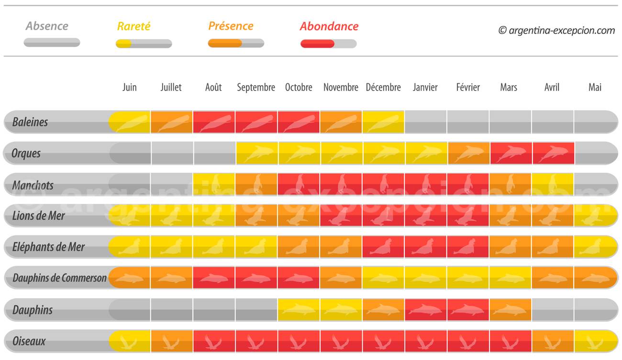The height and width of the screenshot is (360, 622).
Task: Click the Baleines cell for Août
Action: tap(214, 122)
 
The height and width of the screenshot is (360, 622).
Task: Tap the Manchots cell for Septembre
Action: tap(256, 185)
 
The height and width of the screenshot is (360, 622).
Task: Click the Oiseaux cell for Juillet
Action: tap(172, 341)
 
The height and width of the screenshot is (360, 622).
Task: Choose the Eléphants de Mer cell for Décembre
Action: tap(383, 247)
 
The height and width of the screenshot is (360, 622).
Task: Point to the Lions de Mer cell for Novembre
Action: tap(341, 216)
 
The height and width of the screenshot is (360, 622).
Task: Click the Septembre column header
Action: tap(256, 88)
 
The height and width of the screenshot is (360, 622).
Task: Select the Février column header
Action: tap(468, 88)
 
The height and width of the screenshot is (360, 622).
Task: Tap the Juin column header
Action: tap(129, 88)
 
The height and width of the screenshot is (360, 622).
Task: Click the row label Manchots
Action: tap(33, 185)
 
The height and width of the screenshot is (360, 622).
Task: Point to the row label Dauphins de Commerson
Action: tap(59, 278)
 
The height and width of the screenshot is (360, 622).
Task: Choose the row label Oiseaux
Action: tap(29, 341)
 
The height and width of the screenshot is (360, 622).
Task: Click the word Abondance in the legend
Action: tap(329, 26)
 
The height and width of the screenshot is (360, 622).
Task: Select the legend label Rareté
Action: tap(133, 26)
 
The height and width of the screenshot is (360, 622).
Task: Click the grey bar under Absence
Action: tap(52, 43)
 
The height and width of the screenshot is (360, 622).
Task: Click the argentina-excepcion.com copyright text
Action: tap(556, 30)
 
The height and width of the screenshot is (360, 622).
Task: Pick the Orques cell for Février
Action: tap(468, 153)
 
